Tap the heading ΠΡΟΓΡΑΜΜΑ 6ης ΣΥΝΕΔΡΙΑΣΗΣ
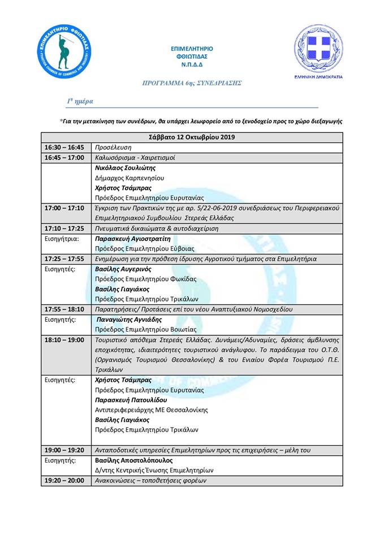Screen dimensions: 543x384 tap(192, 83)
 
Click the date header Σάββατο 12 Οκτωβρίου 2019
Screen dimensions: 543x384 tap(192, 137)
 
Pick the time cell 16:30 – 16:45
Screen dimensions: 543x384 tap(64, 147)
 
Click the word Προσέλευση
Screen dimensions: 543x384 tap(113, 147)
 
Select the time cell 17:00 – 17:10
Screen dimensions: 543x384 tap(64, 208)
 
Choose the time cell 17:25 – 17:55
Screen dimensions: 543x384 tap(64, 258)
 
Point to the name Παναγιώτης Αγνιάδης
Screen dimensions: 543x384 tap(130, 320)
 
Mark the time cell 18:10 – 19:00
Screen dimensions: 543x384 tap(64, 339)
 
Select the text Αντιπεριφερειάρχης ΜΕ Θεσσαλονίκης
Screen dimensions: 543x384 tap(151, 410)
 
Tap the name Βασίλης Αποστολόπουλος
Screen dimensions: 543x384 tap(133, 460)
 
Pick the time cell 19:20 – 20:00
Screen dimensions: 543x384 tap(64, 480)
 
